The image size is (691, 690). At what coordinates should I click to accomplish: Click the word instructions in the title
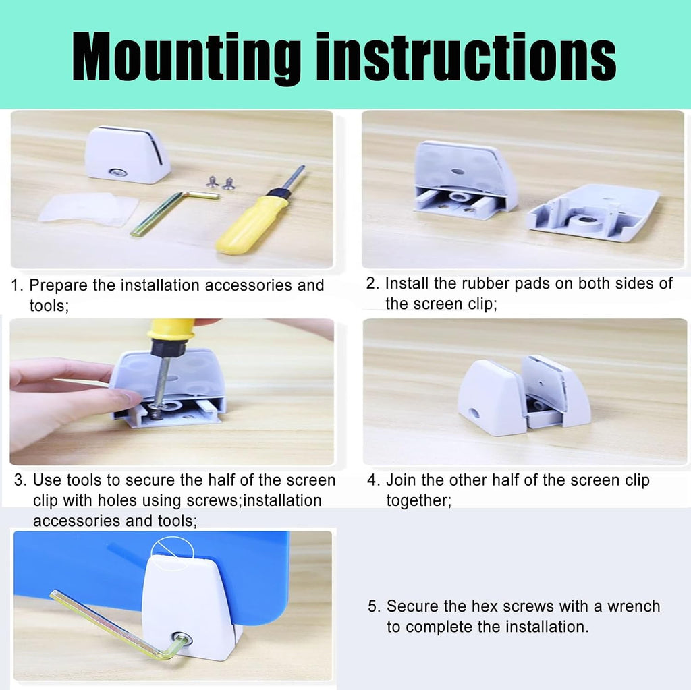tap(466, 57)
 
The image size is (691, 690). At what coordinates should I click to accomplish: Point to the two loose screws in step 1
tap(220, 181)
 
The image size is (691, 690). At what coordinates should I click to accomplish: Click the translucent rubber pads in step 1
tap(88, 209)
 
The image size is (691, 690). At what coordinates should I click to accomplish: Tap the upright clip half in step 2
tap(465, 179)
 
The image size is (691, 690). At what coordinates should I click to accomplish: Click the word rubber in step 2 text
tap(485, 283)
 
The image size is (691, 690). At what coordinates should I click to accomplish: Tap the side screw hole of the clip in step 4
tap(474, 413)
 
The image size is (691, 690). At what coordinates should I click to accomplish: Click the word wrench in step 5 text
tap(634, 607)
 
